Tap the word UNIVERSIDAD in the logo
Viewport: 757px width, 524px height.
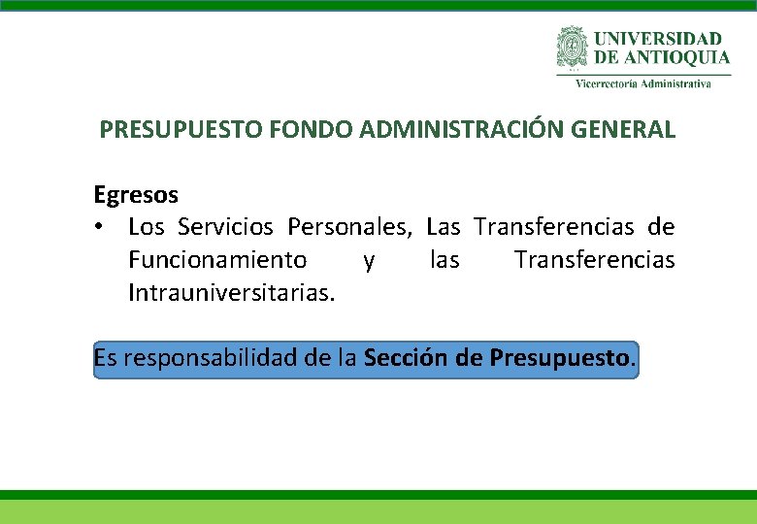[x=658, y=38]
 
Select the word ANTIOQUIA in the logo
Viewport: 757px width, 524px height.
[x=675, y=57]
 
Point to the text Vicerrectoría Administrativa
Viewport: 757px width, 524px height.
[x=643, y=83]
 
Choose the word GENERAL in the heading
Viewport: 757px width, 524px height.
[x=630, y=129]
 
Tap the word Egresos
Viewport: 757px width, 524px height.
[x=136, y=195]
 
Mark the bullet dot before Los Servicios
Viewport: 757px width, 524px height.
[x=100, y=228]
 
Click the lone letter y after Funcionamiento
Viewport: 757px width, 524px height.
[x=368, y=261]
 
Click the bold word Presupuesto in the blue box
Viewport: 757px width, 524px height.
[x=560, y=358]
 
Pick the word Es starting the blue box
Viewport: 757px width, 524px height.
[x=105, y=358]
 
